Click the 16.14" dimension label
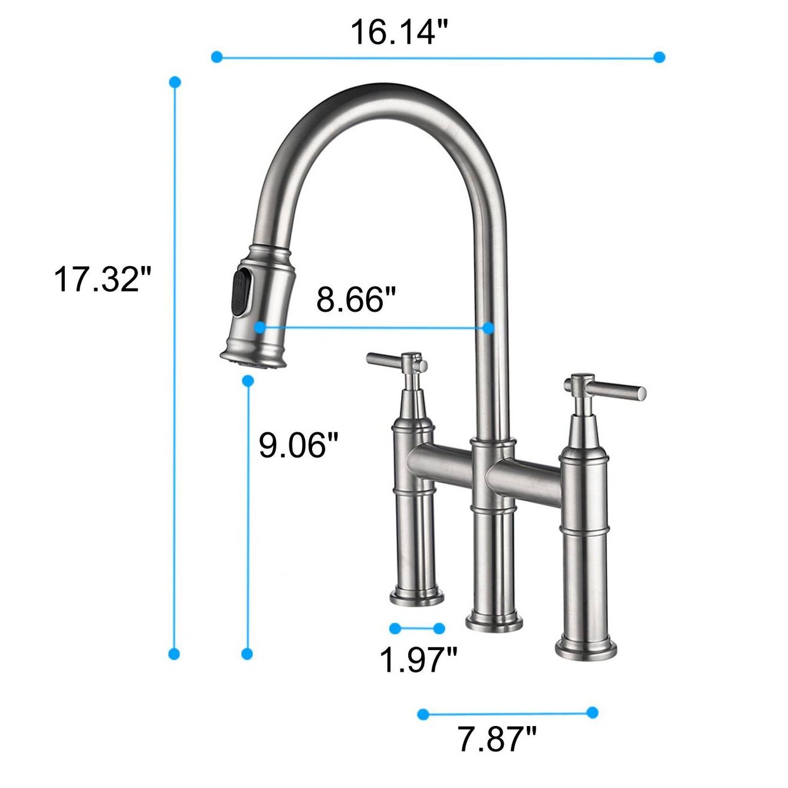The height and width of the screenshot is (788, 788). click(399, 32)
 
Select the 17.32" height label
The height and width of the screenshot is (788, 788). click(103, 279)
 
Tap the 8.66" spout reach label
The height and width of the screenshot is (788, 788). click(356, 299)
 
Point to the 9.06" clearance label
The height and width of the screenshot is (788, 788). click(298, 445)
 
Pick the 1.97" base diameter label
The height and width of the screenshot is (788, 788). click(418, 659)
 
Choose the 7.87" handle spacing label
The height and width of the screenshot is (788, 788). click(497, 738)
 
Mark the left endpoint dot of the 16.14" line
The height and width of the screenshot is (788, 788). click(216, 57)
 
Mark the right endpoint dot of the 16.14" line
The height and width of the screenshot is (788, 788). click(659, 57)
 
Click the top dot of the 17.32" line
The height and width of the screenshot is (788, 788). click(175, 82)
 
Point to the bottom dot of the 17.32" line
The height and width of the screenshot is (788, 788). click(174, 654)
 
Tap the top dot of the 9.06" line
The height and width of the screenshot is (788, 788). click(248, 381)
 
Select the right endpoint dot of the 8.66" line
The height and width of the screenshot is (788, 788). click(488, 328)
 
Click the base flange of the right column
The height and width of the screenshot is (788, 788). click(586, 649)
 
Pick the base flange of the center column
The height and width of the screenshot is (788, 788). click(494, 622)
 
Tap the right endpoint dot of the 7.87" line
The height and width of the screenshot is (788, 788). click(593, 713)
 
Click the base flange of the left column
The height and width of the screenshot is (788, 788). click(416, 597)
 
